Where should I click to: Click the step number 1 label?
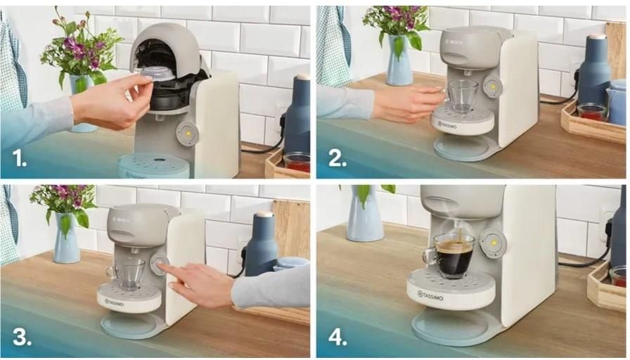click(x=19, y=159)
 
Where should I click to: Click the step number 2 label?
click(x=337, y=159)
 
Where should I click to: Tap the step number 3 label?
click(x=22, y=337)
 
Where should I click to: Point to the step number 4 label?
click(x=338, y=337)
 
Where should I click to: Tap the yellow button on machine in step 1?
click(x=188, y=133)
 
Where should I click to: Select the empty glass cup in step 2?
click(x=462, y=96)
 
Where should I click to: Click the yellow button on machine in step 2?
click(x=493, y=86)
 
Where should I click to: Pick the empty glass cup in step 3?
click(x=127, y=274)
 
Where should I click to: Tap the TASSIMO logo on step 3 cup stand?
click(x=115, y=302)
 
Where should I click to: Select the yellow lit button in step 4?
click(x=493, y=243)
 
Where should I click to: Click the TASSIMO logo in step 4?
click(x=430, y=296)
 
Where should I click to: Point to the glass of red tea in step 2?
click(x=591, y=112)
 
